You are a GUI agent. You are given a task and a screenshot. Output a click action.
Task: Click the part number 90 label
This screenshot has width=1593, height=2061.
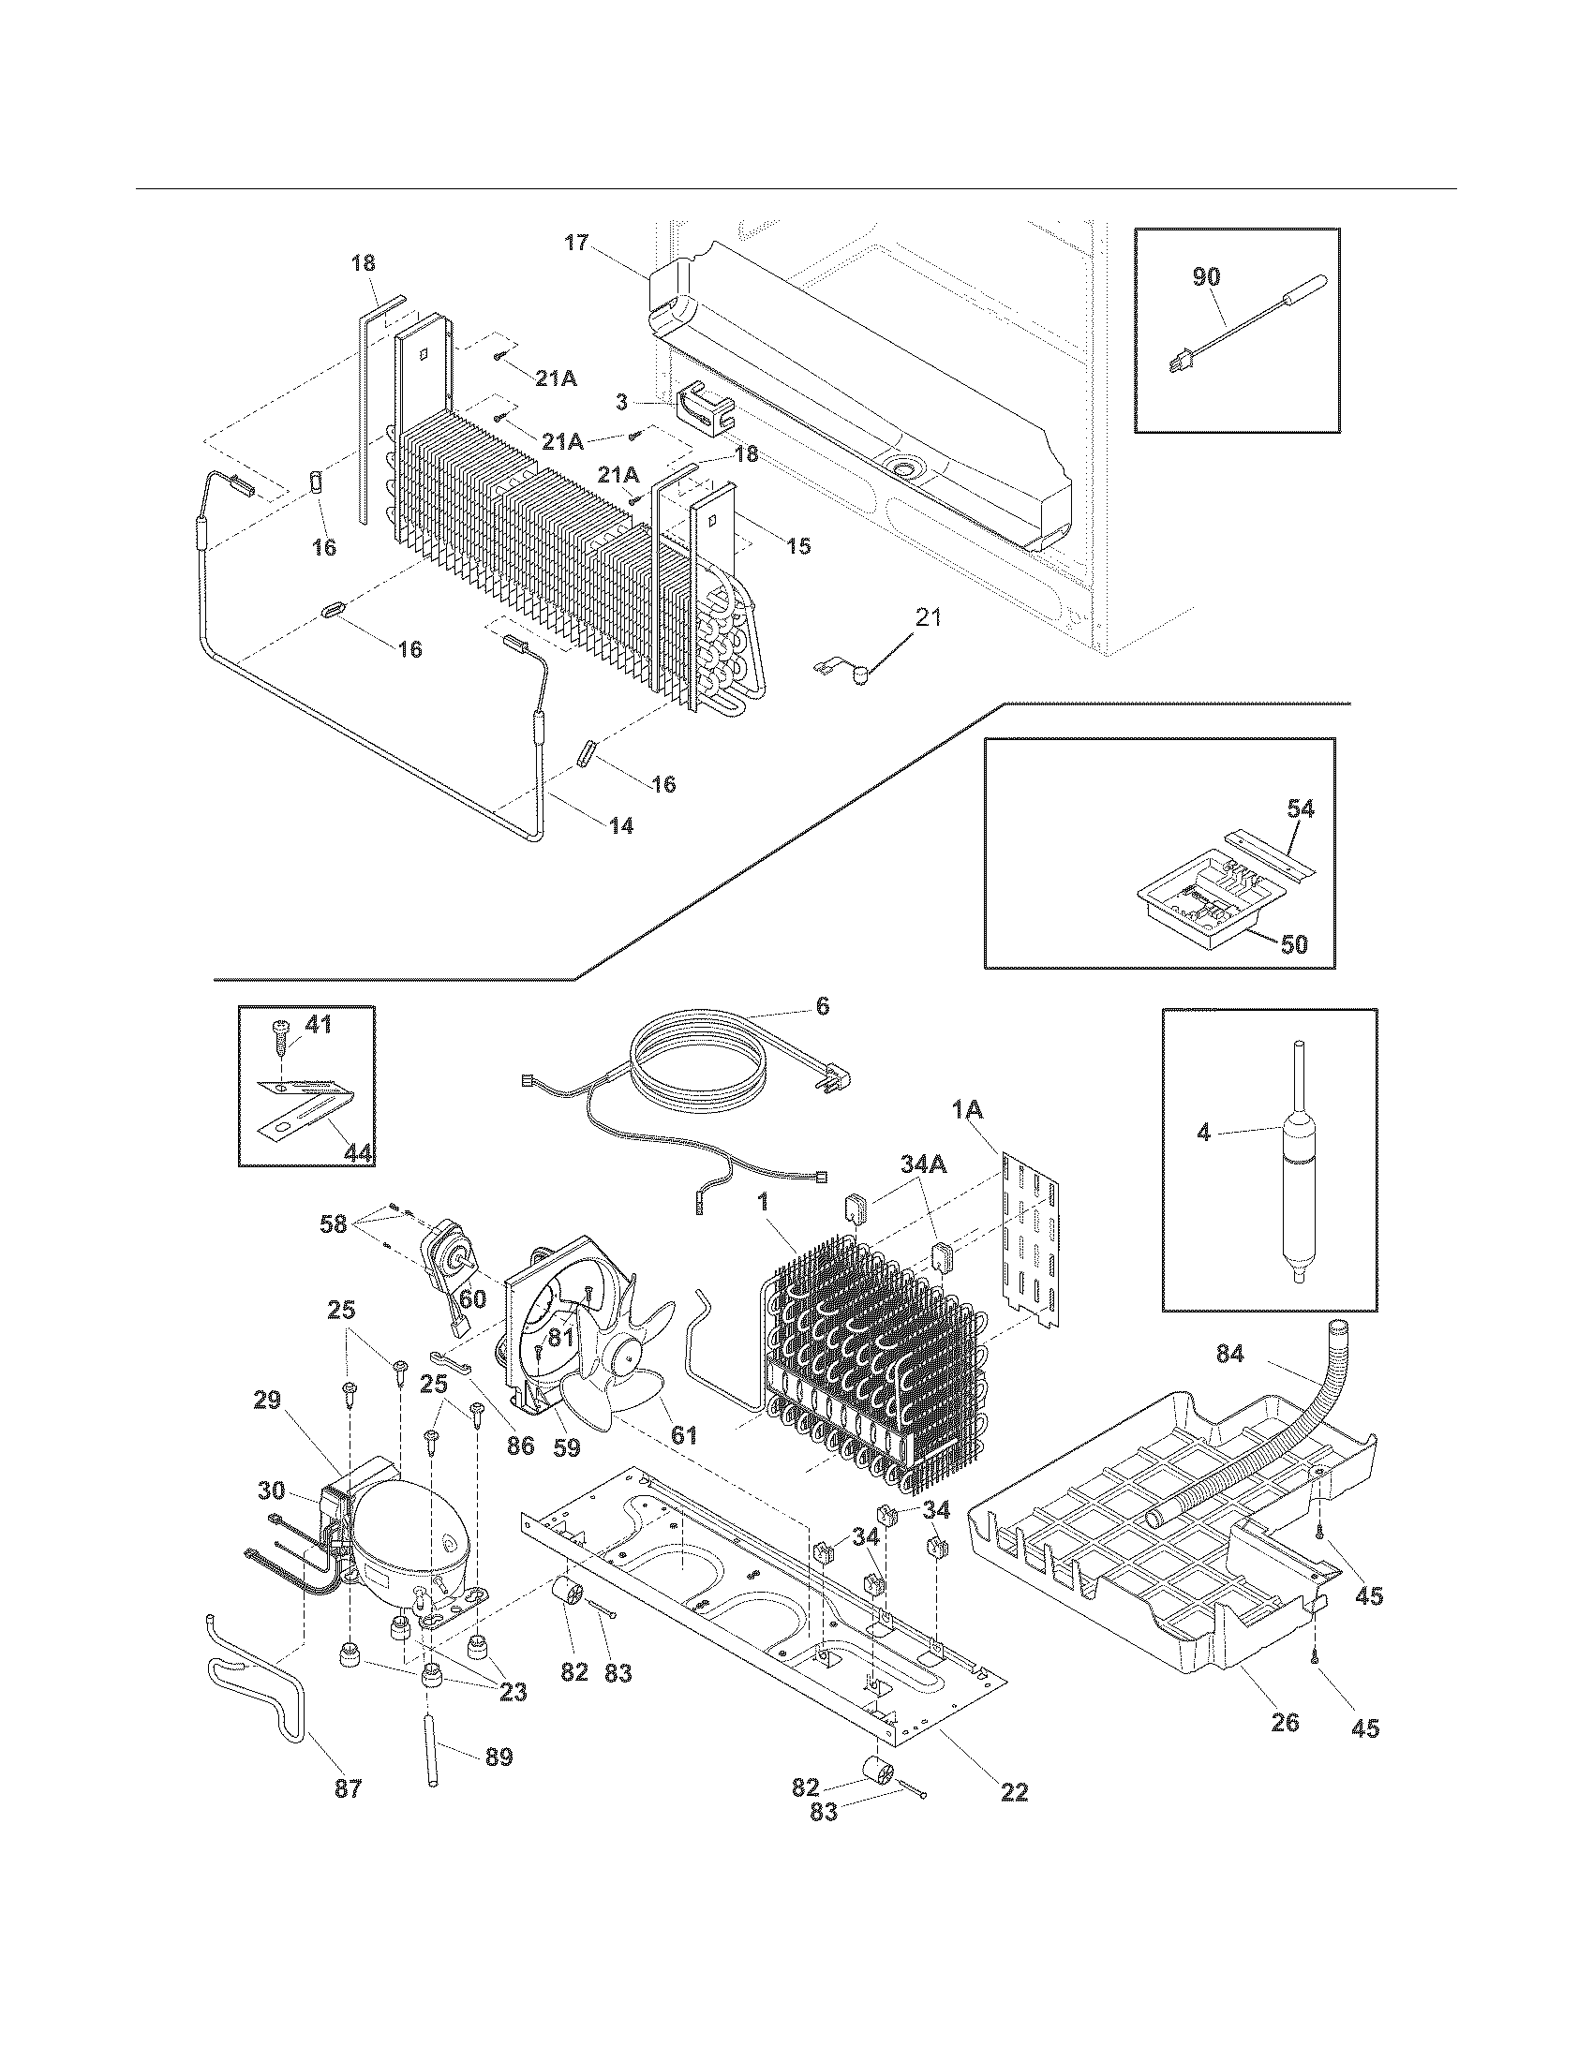(1206, 276)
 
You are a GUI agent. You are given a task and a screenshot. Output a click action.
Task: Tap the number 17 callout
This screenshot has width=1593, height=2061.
(576, 243)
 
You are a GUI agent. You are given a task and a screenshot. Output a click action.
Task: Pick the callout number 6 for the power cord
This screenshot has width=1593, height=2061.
(822, 1006)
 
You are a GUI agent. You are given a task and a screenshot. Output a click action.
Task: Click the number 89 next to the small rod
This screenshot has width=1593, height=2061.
(499, 1757)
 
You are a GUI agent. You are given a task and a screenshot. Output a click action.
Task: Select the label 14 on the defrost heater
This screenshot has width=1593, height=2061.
(620, 824)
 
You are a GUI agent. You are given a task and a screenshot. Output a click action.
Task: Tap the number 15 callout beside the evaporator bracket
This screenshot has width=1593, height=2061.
(798, 545)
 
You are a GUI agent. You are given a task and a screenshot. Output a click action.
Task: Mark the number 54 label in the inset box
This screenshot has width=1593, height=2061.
(1300, 808)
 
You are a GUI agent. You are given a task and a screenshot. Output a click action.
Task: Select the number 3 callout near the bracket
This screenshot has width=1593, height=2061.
(621, 403)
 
